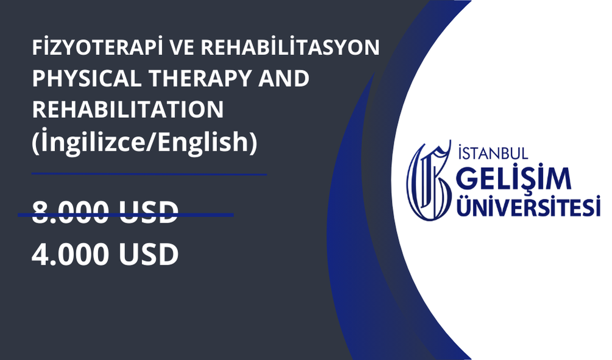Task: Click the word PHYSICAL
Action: [x=87, y=79]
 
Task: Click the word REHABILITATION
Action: [x=127, y=110]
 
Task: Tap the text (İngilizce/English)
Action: [x=145, y=142]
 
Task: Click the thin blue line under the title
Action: [x=149, y=173]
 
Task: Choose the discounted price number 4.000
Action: [x=70, y=254]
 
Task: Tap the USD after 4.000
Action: [x=148, y=254]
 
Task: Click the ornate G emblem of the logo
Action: [x=429, y=181]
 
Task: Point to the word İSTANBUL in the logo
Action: [x=493, y=153]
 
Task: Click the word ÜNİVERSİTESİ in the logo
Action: [x=528, y=206]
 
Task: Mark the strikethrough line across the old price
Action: [x=126, y=215]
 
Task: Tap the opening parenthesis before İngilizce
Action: [x=35, y=142]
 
